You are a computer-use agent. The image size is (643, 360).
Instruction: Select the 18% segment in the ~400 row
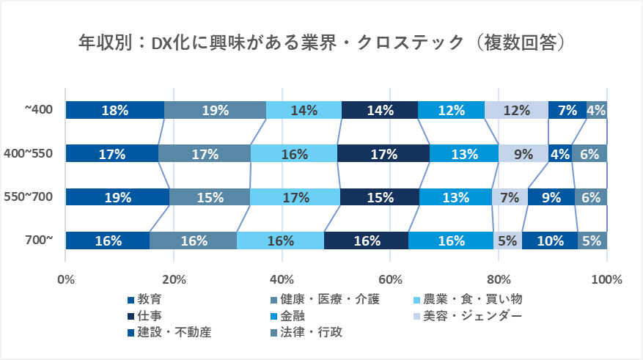tap(115, 110)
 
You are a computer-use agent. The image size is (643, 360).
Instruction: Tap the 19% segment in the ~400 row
tap(215, 110)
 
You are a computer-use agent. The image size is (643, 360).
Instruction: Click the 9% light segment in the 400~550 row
tap(523, 154)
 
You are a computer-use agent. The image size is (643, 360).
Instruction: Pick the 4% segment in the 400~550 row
tap(561, 154)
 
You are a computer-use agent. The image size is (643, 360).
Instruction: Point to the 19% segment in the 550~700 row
tap(117, 197)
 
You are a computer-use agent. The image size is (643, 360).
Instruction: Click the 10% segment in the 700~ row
tap(550, 240)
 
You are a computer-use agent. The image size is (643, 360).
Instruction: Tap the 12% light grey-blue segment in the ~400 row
tap(516, 110)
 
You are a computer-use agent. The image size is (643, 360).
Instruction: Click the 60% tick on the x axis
tap(390, 279)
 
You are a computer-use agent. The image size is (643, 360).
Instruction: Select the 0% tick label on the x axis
tap(65, 279)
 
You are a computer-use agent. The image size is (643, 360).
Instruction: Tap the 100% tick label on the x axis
tap(606, 279)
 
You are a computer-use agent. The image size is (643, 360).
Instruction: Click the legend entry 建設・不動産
tap(169, 333)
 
